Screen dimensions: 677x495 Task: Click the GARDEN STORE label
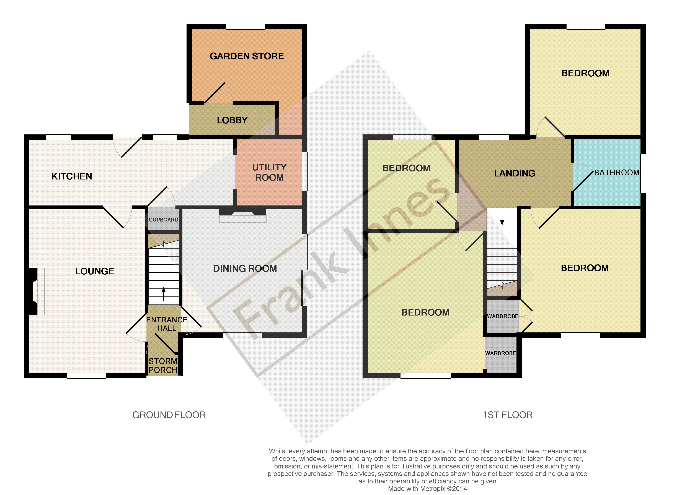(247, 56)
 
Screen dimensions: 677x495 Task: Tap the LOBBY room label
(232, 120)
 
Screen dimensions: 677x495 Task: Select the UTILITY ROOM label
(269, 172)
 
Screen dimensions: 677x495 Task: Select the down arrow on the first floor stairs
(502, 218)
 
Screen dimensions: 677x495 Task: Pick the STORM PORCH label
(163, 366)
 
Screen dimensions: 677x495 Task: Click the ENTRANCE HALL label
(167, 324)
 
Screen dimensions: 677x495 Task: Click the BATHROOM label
(617, 173)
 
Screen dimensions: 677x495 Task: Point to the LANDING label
(515, 173)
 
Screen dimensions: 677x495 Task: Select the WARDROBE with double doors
(503, 316)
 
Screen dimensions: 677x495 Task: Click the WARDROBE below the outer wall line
(501, 355)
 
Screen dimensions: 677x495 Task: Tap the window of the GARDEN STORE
(246, 27)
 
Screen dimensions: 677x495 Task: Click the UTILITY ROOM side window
(305, 171)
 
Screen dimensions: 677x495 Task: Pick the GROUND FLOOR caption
(169, 415)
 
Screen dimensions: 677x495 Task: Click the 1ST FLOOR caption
(508, 415)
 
